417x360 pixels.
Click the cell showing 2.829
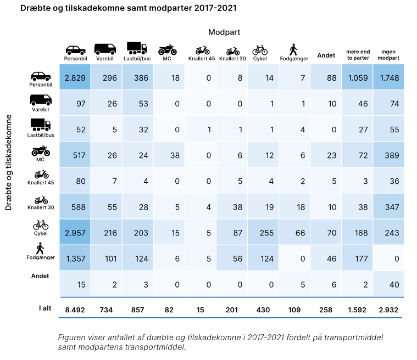tap(76, 78)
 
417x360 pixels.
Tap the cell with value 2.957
tap(76, 233)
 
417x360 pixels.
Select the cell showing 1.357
tap(76, 259)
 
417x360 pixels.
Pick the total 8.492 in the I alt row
tap(76, 310)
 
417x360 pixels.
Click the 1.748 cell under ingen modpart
tap(389, 78)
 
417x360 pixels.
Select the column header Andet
tap(326, 55)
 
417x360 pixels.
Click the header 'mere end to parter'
tap(358, 54)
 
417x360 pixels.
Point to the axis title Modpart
tap(224, 32)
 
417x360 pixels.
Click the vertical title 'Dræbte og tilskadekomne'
tap(9, 162)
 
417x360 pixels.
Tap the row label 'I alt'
tap(45, 308)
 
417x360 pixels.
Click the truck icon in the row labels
tap(40, 124)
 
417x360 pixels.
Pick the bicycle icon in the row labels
tap(40, 225)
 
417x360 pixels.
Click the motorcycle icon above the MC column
tap(168, 49)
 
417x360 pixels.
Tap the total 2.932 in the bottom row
tap(389, 310)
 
